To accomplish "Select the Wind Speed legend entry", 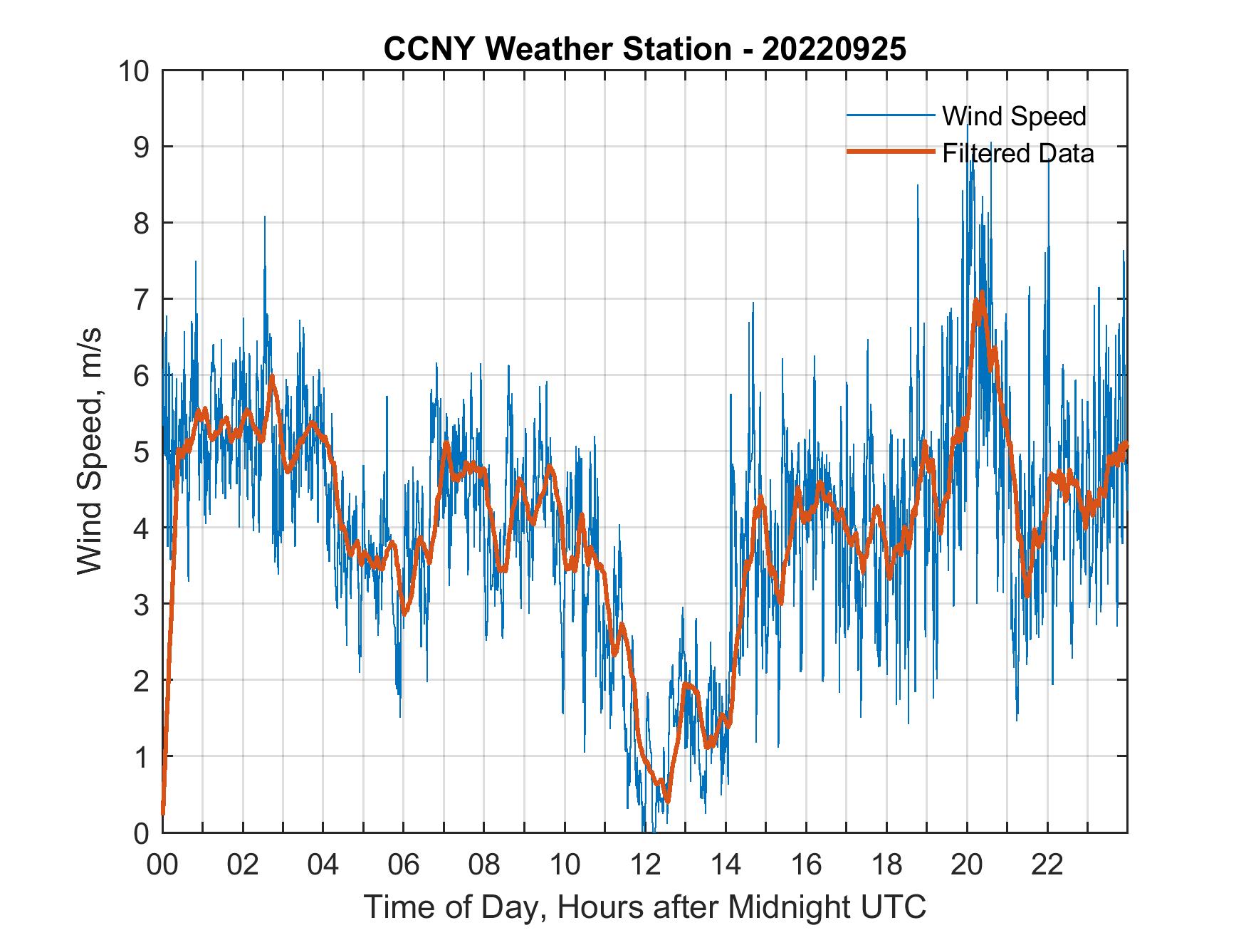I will (x=1014, y=116).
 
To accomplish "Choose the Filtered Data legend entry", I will (x=1017, y=153).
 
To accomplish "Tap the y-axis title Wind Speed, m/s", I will (x=90, y=451).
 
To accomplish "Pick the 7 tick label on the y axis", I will (x=140, y=299).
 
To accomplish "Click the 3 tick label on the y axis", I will (x=140, y=604).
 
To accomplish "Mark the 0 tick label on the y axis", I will (x=140, y=832).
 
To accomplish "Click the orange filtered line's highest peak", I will (x=982, y=293).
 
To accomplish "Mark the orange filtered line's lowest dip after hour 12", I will (x=667, y=800).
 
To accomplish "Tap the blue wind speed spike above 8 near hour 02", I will (x=265, y=217).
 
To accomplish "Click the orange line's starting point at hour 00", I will (x=163, y=812).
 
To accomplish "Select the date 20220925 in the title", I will (x=834, y=49).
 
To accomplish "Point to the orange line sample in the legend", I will (x=890, y=152).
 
